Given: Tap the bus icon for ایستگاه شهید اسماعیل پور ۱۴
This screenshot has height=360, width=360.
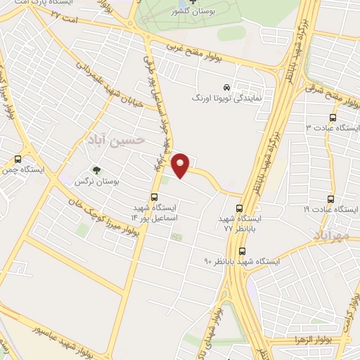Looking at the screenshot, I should pyautogui.click(x=155, y=197).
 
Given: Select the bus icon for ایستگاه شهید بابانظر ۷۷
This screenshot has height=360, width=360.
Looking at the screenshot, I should pyautogui.click(x=240, y=208).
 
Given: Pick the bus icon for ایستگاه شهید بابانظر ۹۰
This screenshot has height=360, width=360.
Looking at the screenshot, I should pyautogui.click(x=243, y=251).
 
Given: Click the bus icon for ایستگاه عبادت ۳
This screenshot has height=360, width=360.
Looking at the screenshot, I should pyautogui.click(x=333, y=117).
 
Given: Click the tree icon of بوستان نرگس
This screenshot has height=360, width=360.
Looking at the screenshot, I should pyautogui.click(x=97, y=170).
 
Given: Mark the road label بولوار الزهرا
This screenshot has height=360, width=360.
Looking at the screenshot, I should pyautogui.click(x=319, y=339).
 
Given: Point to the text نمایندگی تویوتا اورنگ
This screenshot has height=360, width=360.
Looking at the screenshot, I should pyautogui.click(x=227, y=99).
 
